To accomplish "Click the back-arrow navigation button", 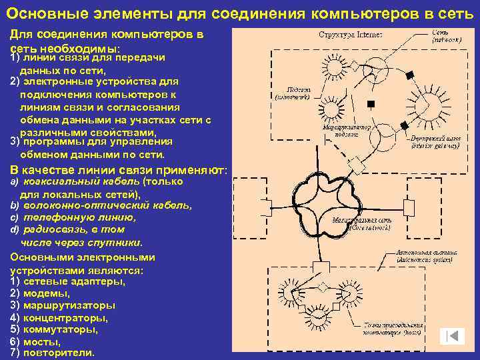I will [x=455, y=337].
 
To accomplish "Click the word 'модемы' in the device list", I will [x=46, y=293].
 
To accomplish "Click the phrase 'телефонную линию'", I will [x=79, y=217].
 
